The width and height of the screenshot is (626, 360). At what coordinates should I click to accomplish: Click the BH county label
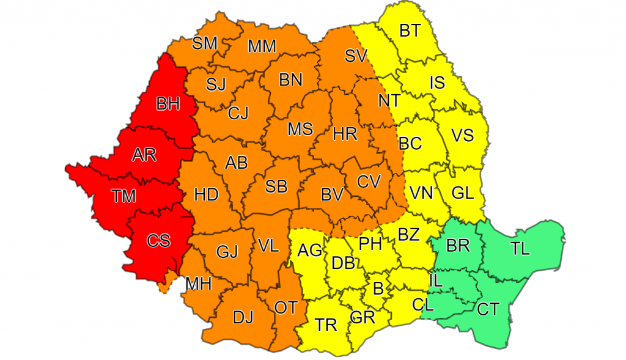coord(168,105)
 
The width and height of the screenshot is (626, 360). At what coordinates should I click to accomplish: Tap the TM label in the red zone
coord(124,196)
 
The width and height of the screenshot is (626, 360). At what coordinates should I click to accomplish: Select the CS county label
coord(158,240)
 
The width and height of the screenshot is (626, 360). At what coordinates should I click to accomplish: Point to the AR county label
coord(144,155)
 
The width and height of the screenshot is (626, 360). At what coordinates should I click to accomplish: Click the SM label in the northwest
coord(205,43)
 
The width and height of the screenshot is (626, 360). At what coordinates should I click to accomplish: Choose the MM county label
coord(262,46)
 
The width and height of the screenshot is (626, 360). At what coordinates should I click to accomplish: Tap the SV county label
coord(356,56)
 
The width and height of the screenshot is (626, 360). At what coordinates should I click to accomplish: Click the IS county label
coord(437,83)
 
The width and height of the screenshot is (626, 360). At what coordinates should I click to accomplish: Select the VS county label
coord(462,135)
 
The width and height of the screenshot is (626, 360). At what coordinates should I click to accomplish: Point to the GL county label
coord(462,193)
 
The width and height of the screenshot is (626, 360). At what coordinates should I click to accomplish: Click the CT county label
coord(488,310)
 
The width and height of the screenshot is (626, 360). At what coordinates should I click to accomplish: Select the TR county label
coord(326,325)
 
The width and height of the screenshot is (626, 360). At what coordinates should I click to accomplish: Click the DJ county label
coord(243,317)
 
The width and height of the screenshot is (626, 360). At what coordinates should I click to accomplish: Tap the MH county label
coord(199,284)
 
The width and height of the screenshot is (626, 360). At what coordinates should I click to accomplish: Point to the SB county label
coord(276,186)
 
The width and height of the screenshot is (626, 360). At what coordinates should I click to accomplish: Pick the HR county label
coord(345,134)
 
